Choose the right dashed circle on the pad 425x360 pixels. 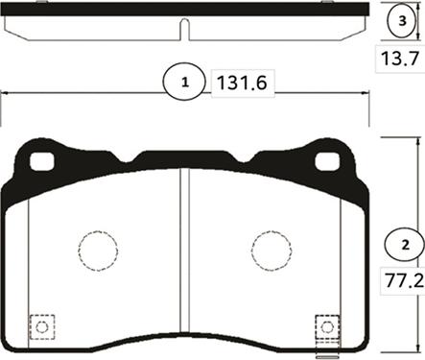click(x=272, y=252)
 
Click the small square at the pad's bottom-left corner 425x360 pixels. click(x=41, y=327)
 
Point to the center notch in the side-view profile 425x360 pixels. click(x=185, y=32)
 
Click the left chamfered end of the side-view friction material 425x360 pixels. click(x=15, y=29)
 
